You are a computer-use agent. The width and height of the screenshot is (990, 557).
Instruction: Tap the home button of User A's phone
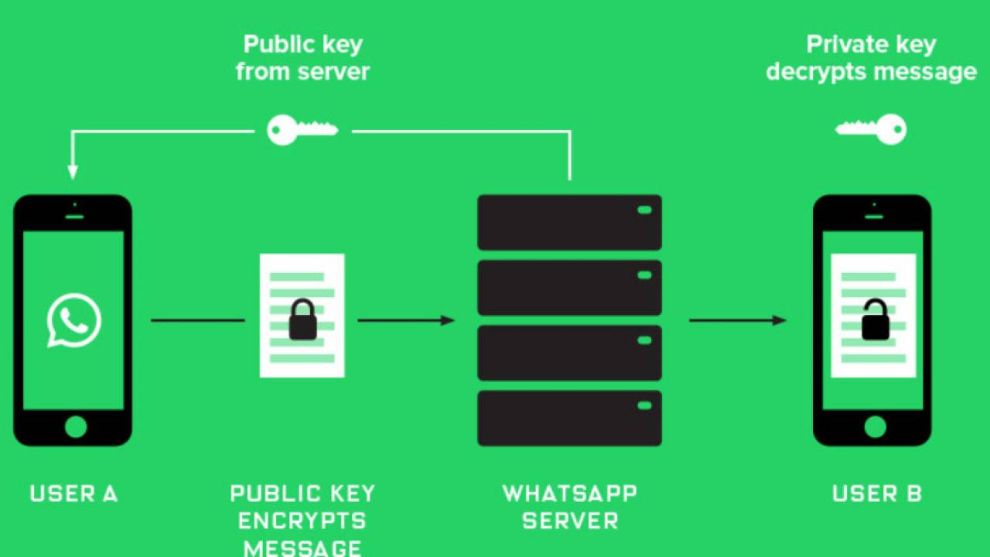pyautogui.click(x=75, y=426)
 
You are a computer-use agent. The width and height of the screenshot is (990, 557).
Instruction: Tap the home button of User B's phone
pyautogui.click(x=874, y=426)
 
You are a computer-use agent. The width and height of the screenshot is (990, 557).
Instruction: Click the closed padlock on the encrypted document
pyautogui.click(x=302, y=320)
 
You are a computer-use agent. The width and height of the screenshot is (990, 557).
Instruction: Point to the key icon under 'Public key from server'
pyautogui.click(x=302, y=130)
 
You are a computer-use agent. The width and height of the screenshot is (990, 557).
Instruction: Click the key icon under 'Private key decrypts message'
pyautogui.click(x=871, y=128)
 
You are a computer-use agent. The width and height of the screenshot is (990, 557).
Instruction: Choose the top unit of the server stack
pyautogui.click(x=569, y=222)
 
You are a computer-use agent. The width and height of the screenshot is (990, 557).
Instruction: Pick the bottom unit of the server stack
pyautogui.click(x=569, y=419)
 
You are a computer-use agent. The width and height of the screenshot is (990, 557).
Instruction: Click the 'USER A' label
pyautogui.click(x=74, y=494)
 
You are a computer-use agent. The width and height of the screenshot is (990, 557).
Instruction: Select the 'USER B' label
pyautogui.click(x=877, y=494)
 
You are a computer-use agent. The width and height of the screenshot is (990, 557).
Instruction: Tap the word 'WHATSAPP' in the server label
pyautogui.click(x=569, y=494)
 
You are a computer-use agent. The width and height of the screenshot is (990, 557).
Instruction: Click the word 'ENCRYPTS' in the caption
pyautogui.click(x=302, y=521)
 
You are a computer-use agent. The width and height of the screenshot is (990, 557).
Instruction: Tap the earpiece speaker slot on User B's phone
pyautogui.click(x=874, y=217)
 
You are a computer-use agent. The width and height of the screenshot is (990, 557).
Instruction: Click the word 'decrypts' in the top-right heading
pyautogui.click(x=815, y=72)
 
